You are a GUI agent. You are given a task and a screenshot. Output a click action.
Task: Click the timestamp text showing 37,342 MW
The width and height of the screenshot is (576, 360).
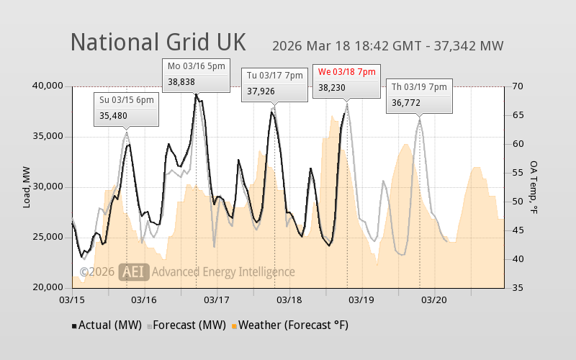(x=387, y=46)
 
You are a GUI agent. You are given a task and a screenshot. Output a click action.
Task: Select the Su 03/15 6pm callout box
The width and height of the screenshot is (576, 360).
(x=126, y=108)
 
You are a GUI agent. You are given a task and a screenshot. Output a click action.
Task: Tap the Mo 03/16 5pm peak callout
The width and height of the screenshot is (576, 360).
(x=197, y=74)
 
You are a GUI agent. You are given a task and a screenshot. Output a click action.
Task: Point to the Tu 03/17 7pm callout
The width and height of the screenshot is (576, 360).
(x=276, y=84)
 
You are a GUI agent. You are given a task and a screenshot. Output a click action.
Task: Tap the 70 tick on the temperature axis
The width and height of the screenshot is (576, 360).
(x=517, y=86)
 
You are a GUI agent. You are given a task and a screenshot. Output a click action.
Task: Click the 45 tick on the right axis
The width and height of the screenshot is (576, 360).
(x=517, y=230)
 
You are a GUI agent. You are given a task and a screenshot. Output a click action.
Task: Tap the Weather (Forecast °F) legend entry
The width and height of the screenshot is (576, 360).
(x=289, y=325)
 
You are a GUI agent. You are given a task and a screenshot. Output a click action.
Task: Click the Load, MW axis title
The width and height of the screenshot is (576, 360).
(x=27, y=187)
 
